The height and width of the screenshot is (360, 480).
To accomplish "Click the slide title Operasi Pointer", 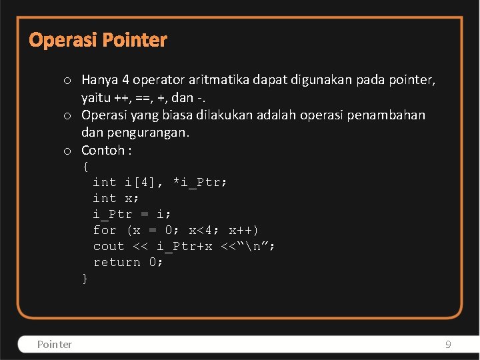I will pos(98,40).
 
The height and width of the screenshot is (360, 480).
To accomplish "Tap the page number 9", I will pos(448,344).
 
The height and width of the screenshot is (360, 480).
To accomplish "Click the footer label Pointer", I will pos(55,344).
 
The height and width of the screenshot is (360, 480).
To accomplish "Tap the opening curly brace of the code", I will pos(85,166).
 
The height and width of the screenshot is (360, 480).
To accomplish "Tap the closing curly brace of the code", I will pos(85,279).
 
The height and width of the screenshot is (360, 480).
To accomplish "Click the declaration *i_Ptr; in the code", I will pos(200,182).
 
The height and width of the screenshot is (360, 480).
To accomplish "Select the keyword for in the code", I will pos(105,230).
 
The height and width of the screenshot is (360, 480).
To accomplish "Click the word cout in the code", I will pos(109,246).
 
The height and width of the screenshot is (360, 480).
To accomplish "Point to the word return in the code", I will pos(117,262).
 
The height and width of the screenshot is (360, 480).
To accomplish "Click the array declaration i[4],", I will pos(144,182).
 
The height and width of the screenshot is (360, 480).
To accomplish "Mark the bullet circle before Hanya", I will pos(68,81).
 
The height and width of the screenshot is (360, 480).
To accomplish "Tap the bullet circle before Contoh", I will pos(68,151).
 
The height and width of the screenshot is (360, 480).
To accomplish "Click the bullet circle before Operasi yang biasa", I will pos(68,116).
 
